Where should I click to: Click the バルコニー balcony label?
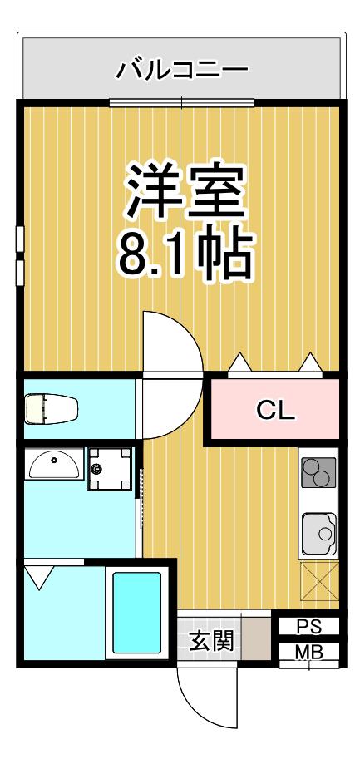point(182,70)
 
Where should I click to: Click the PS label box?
point(309,627)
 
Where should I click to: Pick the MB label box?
point(309,652)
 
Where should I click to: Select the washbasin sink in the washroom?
point(54,465)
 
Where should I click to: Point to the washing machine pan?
point(110,469)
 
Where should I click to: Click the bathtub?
point(137,613)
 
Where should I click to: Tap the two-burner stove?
point(318,472)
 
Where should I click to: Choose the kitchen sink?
point(319,534)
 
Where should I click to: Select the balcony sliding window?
point(181,103)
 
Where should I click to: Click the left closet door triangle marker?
point(239,362)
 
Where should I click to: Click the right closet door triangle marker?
point(310,362)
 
